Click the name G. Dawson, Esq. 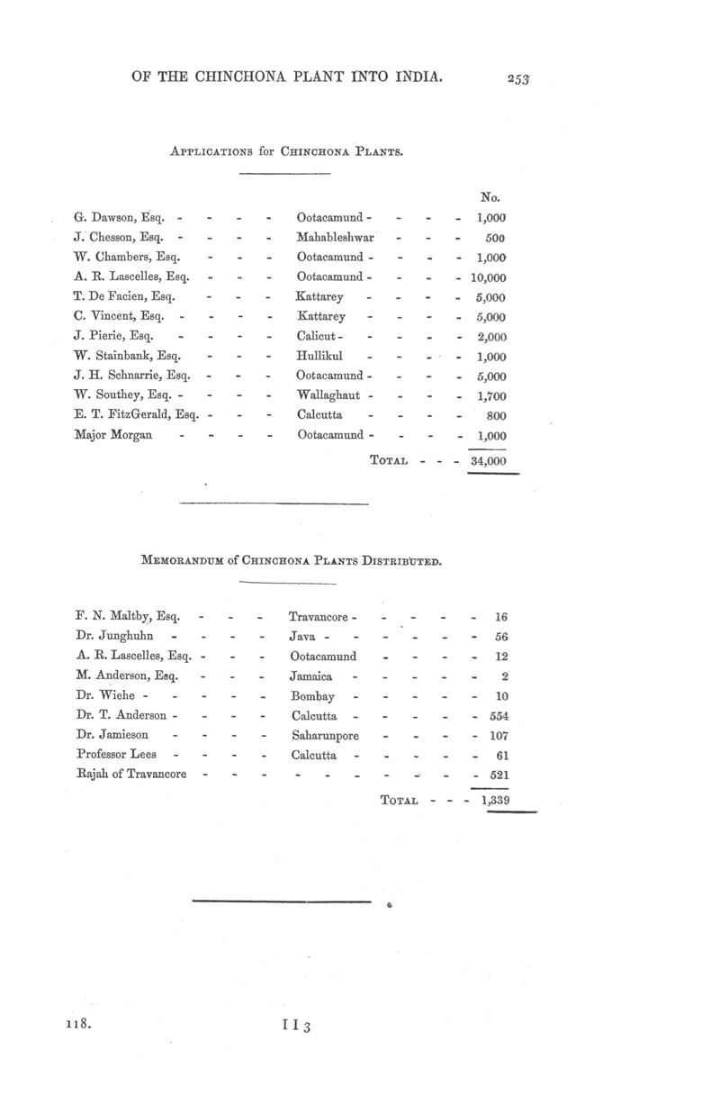[x=124, y=217]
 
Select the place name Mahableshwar [x=335, y=237]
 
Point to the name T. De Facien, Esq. [x=124, y=296]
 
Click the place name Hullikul [x=319, y=356]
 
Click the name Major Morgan [x=113, y=435]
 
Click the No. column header [x=491, y=196]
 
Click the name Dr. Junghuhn [x=114, y=637]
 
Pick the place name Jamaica [x=311, y=676]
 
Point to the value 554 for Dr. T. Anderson [x=497, y=716]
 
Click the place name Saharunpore [x=325, y=736]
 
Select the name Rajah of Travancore [x=131, y=775]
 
